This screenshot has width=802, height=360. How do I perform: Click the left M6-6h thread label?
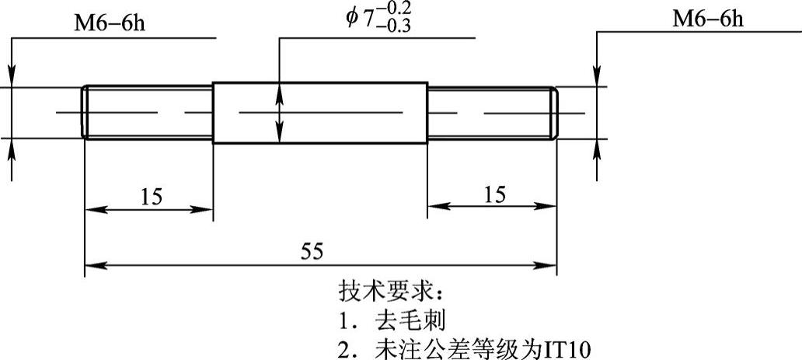click(x=109, y=23)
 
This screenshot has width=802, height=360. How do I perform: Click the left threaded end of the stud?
click(x=148, y=114)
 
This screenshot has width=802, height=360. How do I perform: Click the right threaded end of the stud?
click(x=491, y=114)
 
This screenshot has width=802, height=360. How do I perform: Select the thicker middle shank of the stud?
click(x=319, y=113)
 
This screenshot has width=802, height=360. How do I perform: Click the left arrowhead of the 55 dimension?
click(x=92, y=266)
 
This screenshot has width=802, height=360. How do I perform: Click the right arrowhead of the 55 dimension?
click(x=549, y=266)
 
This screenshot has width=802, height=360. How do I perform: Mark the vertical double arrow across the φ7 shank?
click(x=279, y=113)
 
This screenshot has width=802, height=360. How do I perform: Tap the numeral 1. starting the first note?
click(x=346, y=320)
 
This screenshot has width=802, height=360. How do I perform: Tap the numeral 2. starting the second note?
click(x=346, y=347)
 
